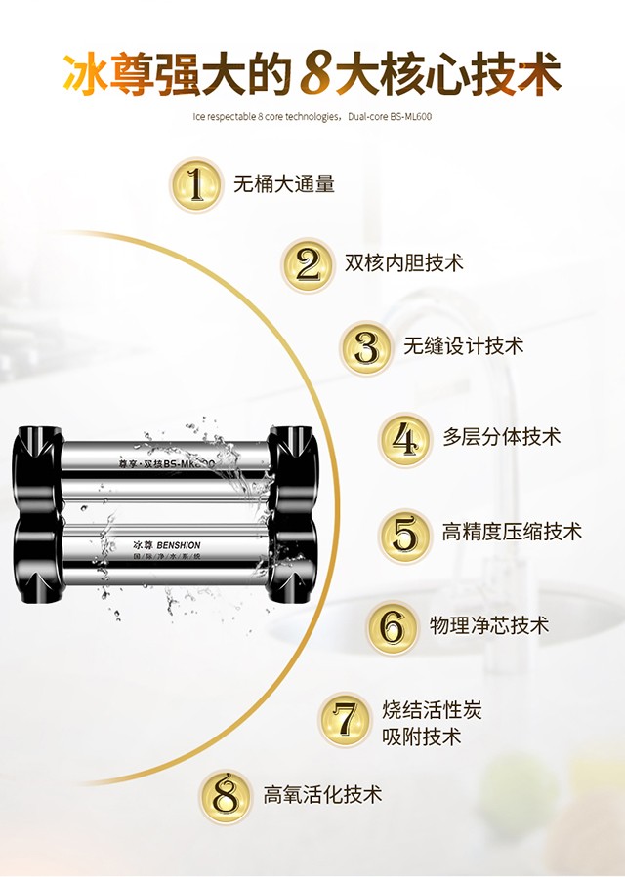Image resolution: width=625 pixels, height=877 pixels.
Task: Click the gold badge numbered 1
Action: click(199, 184)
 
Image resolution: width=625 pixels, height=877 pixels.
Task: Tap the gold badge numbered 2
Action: click(309, 264)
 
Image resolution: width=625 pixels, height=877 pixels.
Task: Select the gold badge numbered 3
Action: click(367, 346)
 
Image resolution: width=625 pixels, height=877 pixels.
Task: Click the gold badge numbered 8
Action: click(227, 796)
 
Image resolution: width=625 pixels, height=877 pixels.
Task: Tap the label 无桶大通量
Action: click(284, 183)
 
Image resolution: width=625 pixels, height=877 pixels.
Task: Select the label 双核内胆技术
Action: click(404, 263)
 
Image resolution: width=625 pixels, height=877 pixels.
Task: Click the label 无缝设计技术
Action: click(464, 345)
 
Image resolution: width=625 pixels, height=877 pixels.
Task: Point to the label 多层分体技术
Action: click(502, 437)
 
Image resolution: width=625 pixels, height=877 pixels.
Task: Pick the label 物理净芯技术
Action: click(489, 625)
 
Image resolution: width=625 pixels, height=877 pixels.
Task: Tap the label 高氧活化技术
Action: click(322, 794)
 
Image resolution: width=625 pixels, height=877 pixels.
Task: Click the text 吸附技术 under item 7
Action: click(421, 737)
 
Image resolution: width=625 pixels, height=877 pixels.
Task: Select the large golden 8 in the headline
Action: click(314, 75)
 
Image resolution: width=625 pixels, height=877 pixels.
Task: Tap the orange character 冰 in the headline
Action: click(86, 75)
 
